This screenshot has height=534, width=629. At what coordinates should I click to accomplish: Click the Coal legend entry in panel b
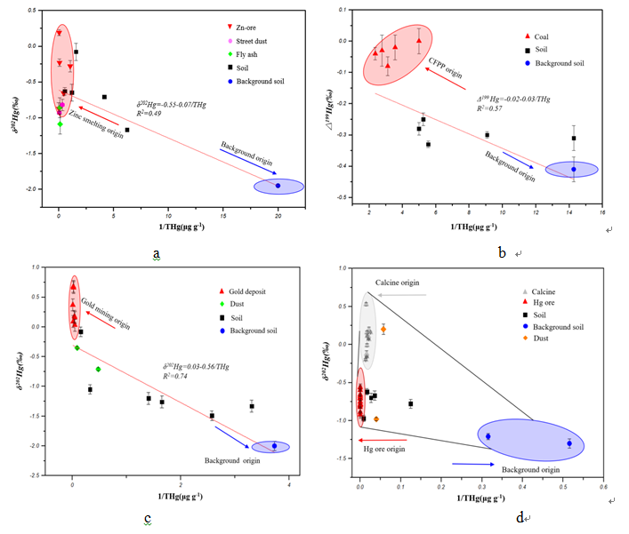(x=541, y=36)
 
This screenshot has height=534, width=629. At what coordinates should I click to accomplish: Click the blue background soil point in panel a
(x=278, y=186)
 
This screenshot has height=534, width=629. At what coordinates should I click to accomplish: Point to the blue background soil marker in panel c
(x=274, y=446)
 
